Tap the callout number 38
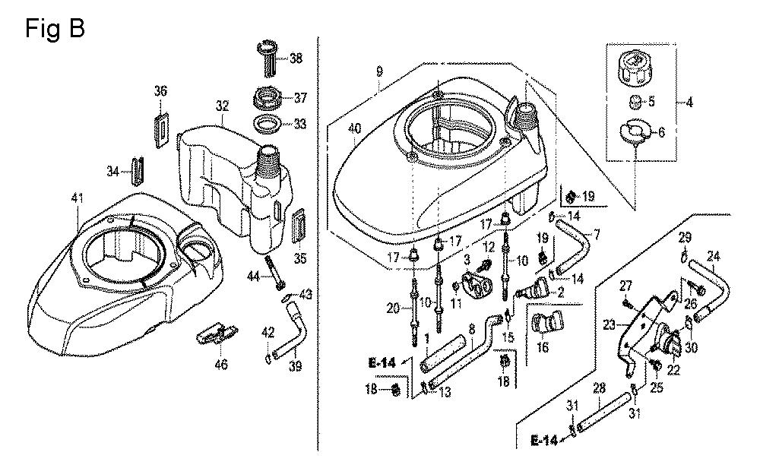coord(296,57)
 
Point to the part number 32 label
coord(222,106)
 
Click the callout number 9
coord(379,71)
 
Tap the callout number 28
coord(600,389)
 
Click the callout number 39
coord(296,367)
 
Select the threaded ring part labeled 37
coord(266,99)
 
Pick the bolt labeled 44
coord(275,272)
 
